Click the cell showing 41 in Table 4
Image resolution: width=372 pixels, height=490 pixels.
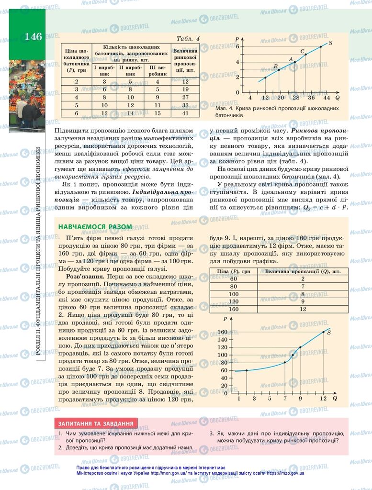pos(185,113)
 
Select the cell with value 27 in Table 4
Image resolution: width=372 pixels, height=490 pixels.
pos(185,97)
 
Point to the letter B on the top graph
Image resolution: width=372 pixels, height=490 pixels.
pos(275,66)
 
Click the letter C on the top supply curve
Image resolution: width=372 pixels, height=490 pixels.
pos(302,51)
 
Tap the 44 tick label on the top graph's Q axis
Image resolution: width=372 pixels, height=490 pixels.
pos(327,98)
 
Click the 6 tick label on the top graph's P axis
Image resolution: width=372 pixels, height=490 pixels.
pos(237,46)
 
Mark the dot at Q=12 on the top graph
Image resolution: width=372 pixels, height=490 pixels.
pos(265,78)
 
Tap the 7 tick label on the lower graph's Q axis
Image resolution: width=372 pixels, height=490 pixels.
pos(285,398)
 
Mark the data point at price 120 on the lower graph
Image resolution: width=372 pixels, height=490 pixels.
pos(300,347)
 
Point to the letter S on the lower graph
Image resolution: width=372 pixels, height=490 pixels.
pos(329,332)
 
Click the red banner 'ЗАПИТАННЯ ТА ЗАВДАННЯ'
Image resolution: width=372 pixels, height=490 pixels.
pos(96,423)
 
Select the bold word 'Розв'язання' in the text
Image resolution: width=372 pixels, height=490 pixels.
pos(84,277)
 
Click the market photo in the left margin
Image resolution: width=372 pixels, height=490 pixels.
pos(27,96)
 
